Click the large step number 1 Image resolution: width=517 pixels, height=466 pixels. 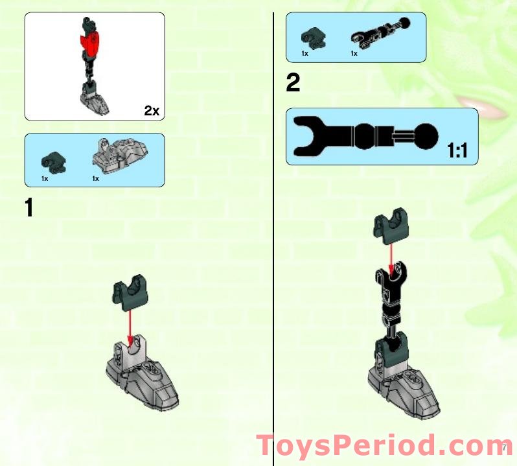pyautogui.click(x=29, y=208)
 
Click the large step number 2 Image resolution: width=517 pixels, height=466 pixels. pyautogui.click(x=293, y=83)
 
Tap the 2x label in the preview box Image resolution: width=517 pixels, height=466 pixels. pyautogui.click(x=152, y=111)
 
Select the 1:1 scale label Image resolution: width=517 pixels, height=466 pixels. pyautogui.click(x=457, y=152)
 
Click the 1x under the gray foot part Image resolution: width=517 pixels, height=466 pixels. pyautogui.click(x=95, y=178)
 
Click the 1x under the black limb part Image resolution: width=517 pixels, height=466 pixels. pyautogui.click(x=354, y=54)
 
